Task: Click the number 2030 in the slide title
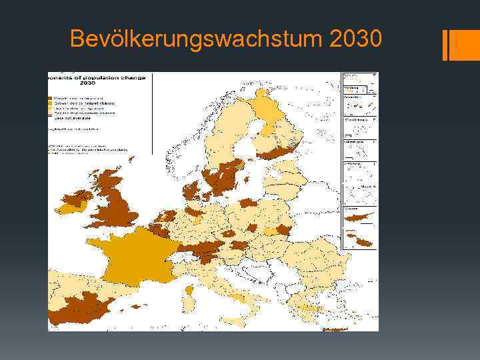355,39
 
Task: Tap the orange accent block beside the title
465,45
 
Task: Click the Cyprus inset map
360,217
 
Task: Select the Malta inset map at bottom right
360,239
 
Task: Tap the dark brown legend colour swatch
49,97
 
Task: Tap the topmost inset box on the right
360,77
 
